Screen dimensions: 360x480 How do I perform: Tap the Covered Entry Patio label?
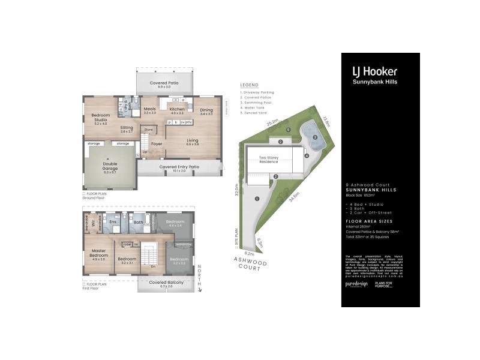179,168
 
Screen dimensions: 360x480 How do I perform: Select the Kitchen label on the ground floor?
177,110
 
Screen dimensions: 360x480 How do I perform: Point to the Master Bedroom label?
98,255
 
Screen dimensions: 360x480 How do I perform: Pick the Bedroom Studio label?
100,119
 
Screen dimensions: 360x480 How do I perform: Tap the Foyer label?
157,144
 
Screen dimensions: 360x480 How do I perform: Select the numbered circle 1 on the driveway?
257,199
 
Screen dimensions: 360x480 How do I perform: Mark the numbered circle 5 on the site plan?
288,130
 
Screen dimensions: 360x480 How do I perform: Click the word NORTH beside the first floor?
200,275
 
